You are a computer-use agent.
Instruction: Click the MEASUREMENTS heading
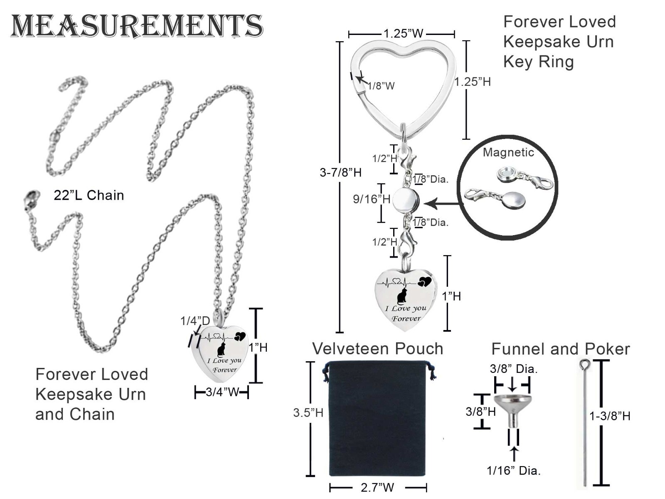(x=137, y=26)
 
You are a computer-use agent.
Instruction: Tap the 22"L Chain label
(x=89, y=195)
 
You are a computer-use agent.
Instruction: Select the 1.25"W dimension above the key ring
(x=403, y=33)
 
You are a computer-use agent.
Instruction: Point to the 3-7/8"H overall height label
(x=340, y=173)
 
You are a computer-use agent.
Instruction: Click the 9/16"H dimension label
(x=372, y=199)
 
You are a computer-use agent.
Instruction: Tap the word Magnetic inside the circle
(x=508, y=152)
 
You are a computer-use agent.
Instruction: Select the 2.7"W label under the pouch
(x=377, y=487)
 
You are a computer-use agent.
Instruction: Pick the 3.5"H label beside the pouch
(x=308, y=412)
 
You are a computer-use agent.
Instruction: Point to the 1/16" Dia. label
(x=514, y=470)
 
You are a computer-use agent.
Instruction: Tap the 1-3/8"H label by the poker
(x=610, y=416)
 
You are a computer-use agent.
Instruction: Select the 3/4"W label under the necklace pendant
(x=223, y=392)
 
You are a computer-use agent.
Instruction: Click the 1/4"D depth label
(x=195, y=320)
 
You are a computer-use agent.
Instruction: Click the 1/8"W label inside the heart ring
(x=381, y=86)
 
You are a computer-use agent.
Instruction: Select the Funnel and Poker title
(x=561, y=349)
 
